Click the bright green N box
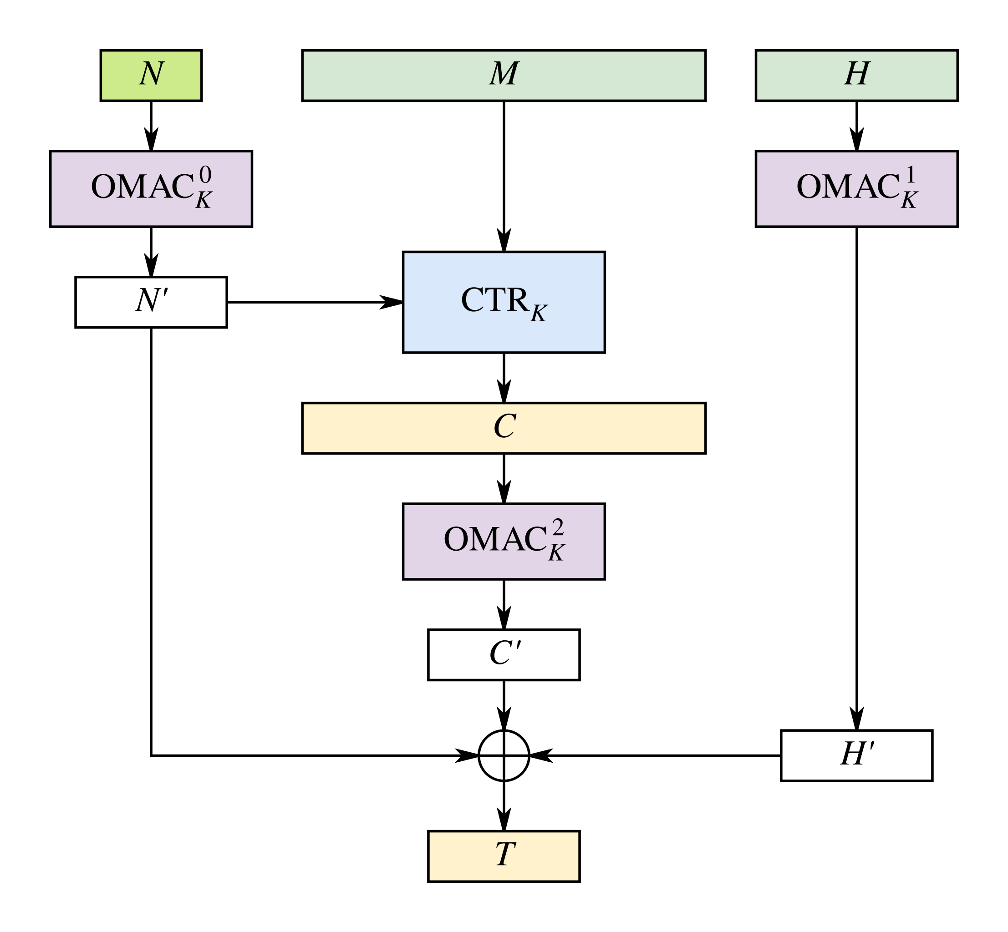(x=151, y=75)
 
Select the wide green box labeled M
(x=504, y=75)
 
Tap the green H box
(x=856, y=75)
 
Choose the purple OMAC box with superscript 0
(x=151, y=188)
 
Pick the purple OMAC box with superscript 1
(x=856, y=188)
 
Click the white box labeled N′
(x=151, y=302)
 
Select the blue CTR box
(x=504, y=302)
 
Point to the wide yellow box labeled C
(x=504, y=428)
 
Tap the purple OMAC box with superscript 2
(x=504, y=541)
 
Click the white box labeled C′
(x=504, y=654)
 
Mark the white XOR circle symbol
(x=504, y=755)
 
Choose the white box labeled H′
(x=856, y=755)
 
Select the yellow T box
(x=504, y=856)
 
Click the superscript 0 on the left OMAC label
(x=205, y=175)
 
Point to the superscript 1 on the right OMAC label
(x=911, y=175)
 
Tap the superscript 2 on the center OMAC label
(x=558, y=527)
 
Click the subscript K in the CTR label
(x=539, y=314)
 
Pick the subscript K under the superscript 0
(x=204, y=201)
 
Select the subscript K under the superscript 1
(x=909, y=201)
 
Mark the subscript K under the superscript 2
(x=556, y=553)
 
